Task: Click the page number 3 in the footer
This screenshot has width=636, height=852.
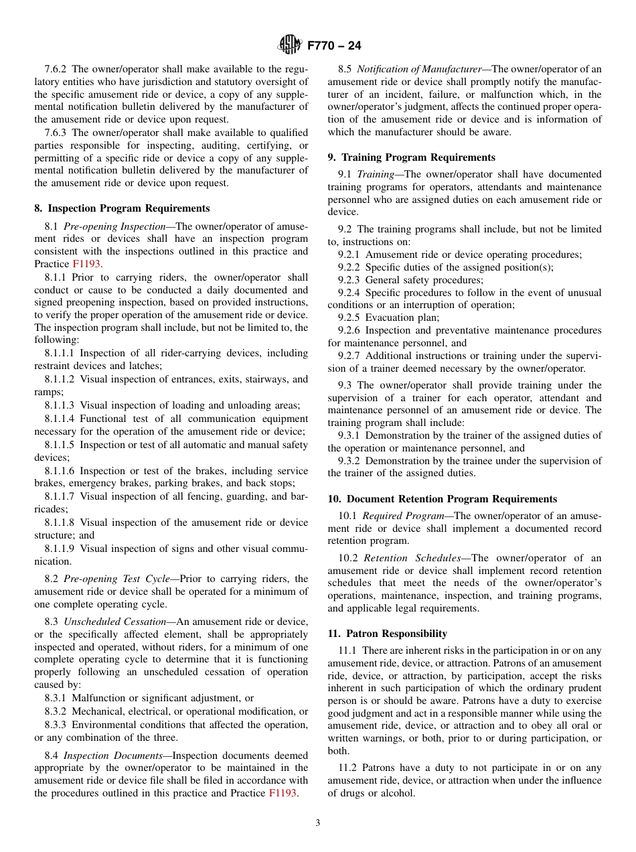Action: point(318,823)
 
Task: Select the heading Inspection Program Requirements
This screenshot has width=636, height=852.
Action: point(129,208)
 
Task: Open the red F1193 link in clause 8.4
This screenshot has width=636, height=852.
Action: point(283,794)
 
